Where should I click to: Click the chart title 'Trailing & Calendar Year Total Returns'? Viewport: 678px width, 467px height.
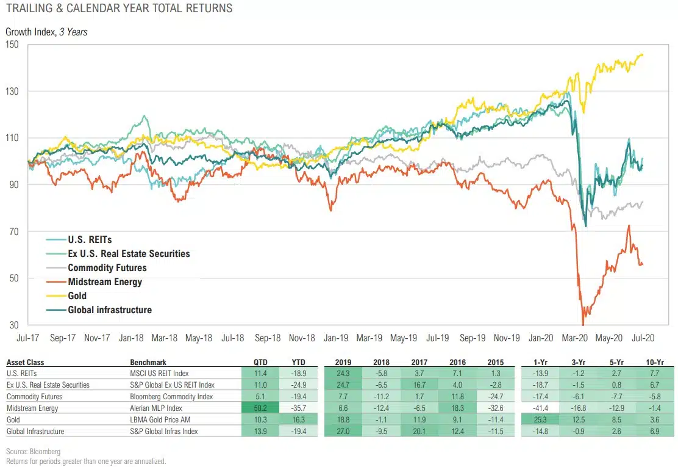click(x=119, y=9)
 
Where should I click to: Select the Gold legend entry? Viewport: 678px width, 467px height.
click(x=77, y=296)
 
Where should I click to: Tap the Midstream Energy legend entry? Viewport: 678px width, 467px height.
click(x=104, y=282)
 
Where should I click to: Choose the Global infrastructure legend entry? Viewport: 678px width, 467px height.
click(x=109, y=310)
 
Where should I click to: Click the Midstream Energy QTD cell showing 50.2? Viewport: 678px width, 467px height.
click(x=262, y=407)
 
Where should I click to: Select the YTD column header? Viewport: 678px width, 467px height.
click(x=299, y=362)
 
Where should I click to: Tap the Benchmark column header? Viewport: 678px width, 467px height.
click(x=148, y=362)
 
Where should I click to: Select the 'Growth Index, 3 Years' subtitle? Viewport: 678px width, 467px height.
click(x=46, y=32)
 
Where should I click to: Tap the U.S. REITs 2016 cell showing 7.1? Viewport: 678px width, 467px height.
click(x=457, y=374)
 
